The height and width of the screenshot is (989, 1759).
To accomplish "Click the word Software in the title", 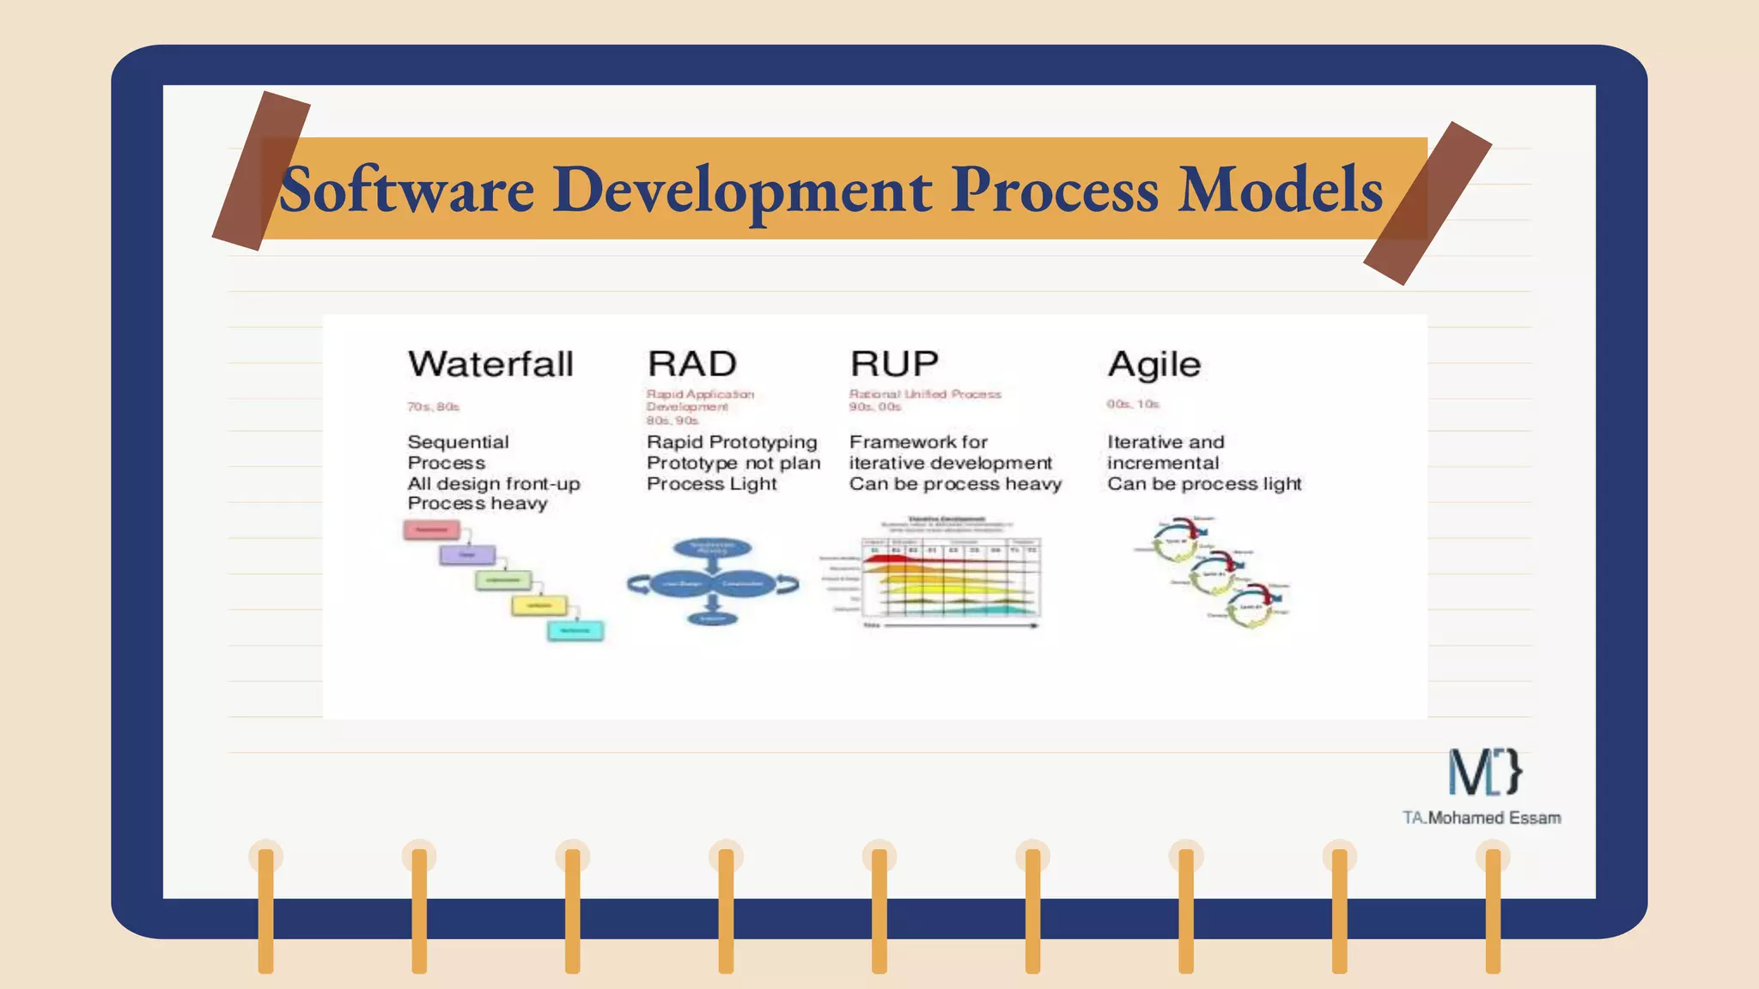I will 406,190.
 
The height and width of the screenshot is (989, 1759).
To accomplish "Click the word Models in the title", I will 1280,190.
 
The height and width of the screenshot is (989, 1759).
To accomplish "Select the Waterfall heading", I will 490,364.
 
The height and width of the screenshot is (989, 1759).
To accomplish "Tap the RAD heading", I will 691,364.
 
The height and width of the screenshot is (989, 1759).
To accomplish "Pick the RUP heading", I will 894,364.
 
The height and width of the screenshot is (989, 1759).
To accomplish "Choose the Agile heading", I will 1153,365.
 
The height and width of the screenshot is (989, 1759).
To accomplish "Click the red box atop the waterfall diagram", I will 431,530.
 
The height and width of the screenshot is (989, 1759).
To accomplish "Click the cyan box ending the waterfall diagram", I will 575,631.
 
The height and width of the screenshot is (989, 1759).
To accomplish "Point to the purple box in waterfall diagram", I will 467,555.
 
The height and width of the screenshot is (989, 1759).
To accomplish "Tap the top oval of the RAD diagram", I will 712,548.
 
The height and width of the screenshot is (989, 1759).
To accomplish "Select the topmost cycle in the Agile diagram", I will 1178,540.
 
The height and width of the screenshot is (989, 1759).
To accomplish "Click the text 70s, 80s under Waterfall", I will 433,407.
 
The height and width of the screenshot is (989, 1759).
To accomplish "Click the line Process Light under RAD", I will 711,484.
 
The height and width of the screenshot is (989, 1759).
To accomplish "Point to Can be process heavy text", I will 955,484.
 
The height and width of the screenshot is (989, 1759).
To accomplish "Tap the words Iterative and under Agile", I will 1165,442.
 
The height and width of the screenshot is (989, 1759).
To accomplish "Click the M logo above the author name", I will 1485,771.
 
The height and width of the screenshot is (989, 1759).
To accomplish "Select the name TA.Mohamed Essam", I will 1482,818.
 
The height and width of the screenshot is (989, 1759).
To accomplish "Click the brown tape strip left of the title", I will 260,171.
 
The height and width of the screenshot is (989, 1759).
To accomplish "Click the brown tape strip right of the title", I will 1427,203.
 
